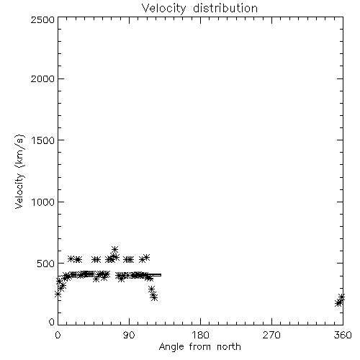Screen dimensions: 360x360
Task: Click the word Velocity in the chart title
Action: pos(163,9)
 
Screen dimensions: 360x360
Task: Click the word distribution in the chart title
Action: pos(225,8)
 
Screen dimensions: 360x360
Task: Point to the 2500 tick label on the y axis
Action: pos(42,20)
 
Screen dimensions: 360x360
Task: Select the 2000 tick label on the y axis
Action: pos(42,79)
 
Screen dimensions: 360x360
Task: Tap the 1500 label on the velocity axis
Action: pos(43,140)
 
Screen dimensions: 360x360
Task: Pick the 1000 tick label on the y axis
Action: pos(43,202)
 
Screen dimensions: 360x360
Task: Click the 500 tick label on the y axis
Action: pos(46,264)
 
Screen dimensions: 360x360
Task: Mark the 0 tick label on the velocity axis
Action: pos(52,322)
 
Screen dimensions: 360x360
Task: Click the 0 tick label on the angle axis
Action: pos(58,335)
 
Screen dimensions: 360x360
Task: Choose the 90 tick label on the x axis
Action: pos(129,335)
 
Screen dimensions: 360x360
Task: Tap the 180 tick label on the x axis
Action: pos(200,335)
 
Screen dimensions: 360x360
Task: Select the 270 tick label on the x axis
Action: pos(271,335)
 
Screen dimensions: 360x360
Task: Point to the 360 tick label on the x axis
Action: pos(343,335)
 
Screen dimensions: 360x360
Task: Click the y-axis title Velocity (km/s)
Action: pos(19,171)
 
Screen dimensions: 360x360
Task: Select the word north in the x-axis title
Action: pos(229,347)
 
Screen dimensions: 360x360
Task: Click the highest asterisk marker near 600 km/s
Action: pos(114,249)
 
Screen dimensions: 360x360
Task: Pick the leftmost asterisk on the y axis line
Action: pos(58,294)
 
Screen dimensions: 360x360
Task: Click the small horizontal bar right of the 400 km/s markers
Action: pos(154,275)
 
